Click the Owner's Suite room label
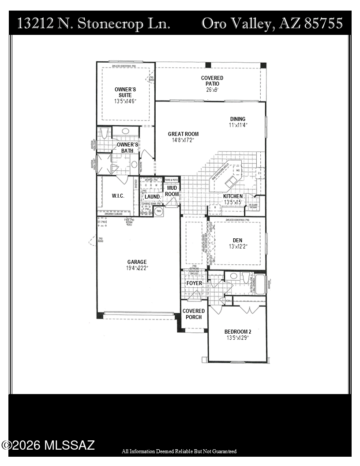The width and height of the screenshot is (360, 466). [x=125, y=92]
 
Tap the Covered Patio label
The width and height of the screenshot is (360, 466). [x=212, y=81]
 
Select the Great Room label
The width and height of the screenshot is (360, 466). [x=183, y=134]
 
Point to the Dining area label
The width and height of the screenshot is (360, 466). [x=238, y=119]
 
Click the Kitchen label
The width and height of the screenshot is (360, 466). [x=232, y=196]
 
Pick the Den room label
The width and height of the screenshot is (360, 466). [x=238, y=241]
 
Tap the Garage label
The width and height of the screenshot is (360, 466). [x=137, y=262]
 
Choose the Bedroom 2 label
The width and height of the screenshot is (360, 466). [x=237, y=332]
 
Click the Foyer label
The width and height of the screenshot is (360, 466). [x=194, y=283]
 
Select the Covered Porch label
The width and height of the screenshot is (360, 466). [x=194, y=314]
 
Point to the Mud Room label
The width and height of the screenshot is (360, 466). [x=172, y=191]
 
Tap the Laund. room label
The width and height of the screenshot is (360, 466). [x=152, y=197]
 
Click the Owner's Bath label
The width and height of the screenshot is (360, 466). [x=127, y=147]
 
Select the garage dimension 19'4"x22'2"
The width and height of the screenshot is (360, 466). [x=137, y=268]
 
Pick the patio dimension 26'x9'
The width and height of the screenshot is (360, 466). [x=212, y=90]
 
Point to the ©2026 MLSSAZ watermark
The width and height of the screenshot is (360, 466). [x=48, y=445]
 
